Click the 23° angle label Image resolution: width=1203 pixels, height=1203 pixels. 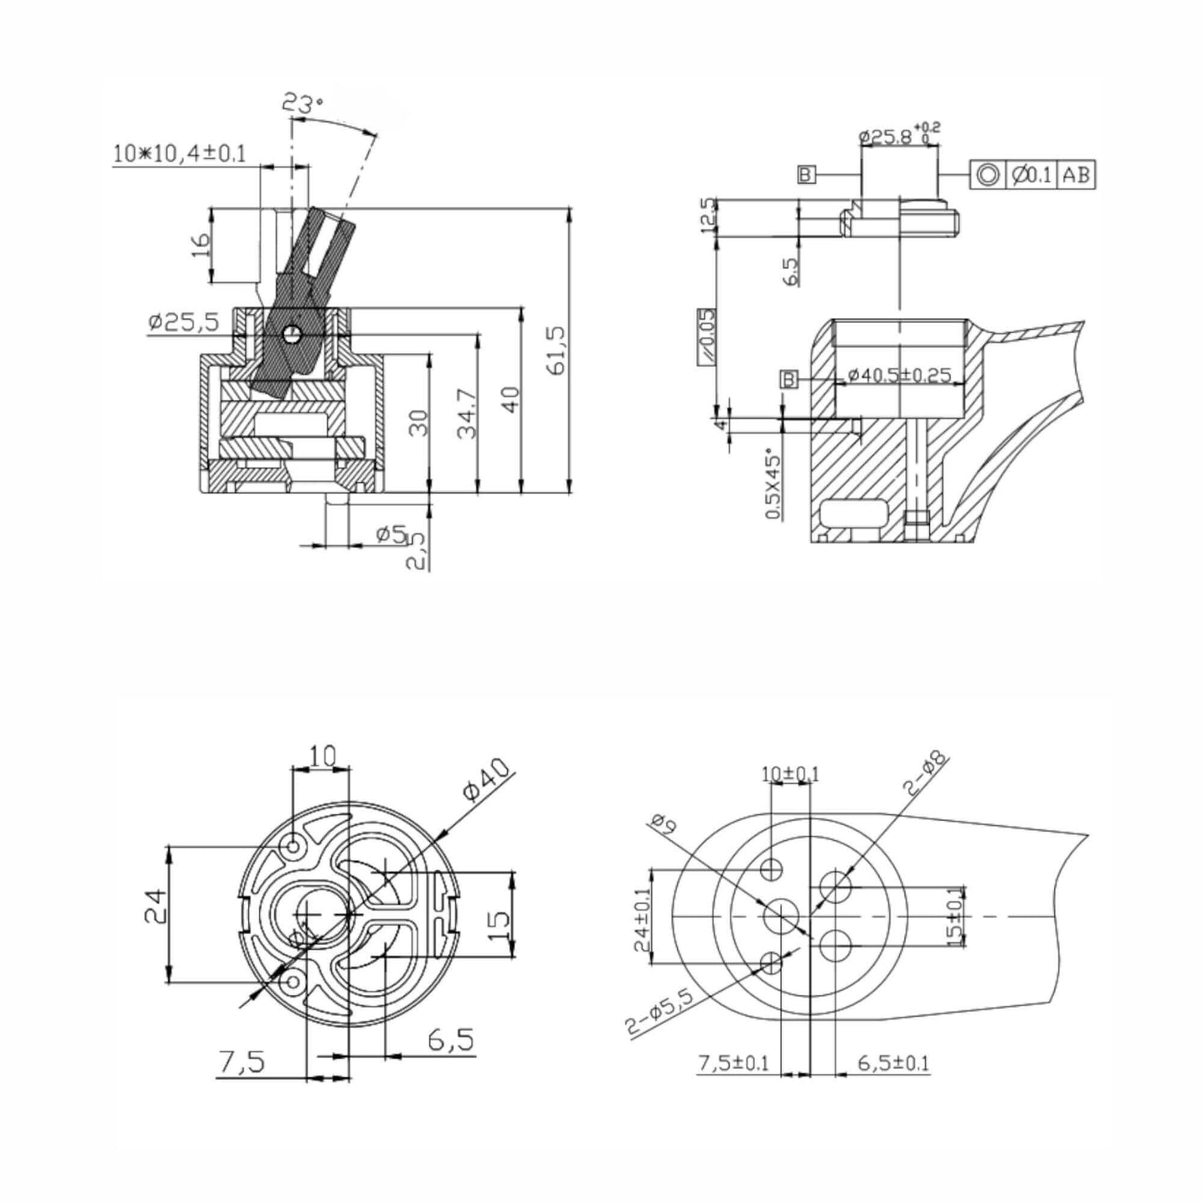(x=301, y=104)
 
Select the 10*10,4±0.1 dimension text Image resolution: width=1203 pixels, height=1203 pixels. (x=180, y=154)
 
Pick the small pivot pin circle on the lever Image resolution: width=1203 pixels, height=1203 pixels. (x=291, y=334)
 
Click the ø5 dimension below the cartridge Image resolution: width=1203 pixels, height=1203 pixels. (x=390, y=534)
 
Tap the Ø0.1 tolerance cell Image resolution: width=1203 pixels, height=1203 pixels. (x=1032, y=175)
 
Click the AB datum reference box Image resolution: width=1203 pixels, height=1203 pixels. (x=1076, y=175)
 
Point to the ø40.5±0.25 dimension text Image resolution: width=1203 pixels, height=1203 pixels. (x=899, y=375)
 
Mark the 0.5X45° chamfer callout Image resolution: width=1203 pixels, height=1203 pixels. (x=773, y=485)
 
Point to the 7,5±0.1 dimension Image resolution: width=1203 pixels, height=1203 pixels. (x=733, y=1063)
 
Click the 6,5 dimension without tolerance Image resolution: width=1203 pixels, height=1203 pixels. (x=450, y=1039)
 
